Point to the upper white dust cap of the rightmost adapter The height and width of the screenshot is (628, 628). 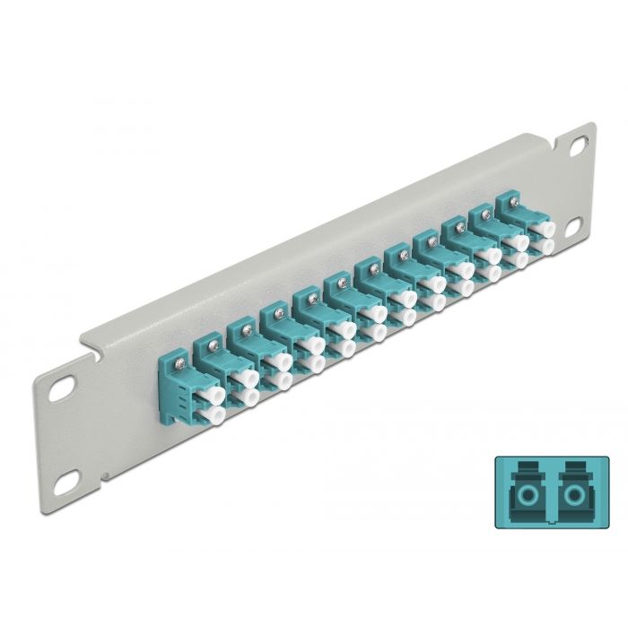click(x=541, y=230)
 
